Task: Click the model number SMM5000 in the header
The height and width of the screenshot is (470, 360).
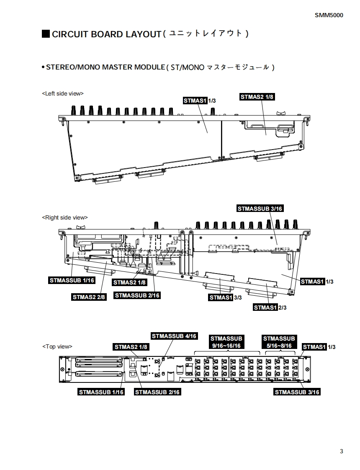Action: [329, 15]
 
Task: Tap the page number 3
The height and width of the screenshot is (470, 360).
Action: [342, 452]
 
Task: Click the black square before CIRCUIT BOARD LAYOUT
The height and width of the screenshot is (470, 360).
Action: [46, 34]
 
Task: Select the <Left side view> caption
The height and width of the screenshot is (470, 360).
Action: [63, 93]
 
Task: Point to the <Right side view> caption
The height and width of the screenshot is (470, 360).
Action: [65, 217]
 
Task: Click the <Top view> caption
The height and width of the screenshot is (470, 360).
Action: [57, 346]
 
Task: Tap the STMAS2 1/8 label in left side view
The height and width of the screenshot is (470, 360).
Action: [257, 97]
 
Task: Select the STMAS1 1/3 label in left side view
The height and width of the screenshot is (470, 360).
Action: [200, 101]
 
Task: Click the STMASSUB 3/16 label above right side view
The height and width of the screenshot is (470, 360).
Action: [260, 209]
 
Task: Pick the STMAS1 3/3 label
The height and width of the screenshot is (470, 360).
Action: [225, 297]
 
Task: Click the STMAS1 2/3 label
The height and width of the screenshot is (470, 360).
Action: [270, 307]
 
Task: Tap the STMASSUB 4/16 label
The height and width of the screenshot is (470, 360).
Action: [174, 336]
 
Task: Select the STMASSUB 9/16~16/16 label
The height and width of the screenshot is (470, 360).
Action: [226, 342]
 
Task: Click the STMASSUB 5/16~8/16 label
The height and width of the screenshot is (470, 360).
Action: [279, 342]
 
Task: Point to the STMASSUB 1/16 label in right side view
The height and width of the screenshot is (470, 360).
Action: [72, 280]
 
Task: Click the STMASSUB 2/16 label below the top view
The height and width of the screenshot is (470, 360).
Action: [157, 392]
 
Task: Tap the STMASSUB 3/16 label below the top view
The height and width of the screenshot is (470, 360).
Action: [297, 392]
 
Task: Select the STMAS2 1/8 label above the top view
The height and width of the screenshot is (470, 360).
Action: [131, 347]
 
